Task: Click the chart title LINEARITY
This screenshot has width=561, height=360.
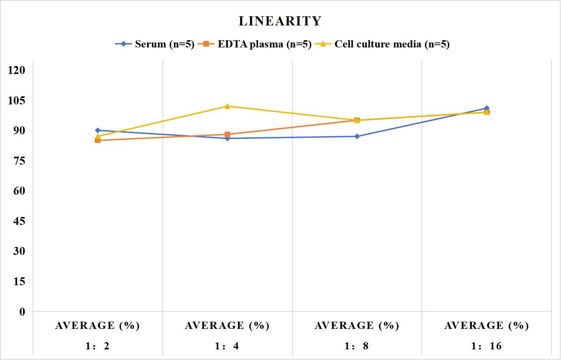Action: [280, 21]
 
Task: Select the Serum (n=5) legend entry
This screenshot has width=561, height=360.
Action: [155, 44]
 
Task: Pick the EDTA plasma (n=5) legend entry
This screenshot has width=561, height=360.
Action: [255, 44]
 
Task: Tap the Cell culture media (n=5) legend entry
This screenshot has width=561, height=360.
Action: [382, 44]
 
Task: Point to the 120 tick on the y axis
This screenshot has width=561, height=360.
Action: [17, 70]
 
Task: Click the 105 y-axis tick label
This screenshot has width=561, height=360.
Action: [17, 101]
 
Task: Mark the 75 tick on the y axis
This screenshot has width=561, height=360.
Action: [19, 161]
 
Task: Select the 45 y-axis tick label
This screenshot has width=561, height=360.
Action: [19, 221]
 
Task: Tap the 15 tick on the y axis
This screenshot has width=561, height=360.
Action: [19, 281]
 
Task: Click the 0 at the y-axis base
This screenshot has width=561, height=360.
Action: [22, 312]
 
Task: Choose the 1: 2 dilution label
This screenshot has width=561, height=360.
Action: [97, 346]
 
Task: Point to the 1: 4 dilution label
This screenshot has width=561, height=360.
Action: [227, 346]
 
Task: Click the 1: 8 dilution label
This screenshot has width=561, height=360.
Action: [357, 346]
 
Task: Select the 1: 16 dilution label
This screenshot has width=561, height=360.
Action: [486, 346]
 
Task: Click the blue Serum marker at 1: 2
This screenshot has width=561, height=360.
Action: [98, 130]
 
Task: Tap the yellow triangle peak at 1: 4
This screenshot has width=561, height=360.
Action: [227, 106]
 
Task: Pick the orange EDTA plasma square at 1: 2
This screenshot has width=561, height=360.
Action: [98, 140]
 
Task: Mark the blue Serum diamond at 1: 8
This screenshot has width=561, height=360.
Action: [357, 136]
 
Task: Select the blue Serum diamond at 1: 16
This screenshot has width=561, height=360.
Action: [487, 108]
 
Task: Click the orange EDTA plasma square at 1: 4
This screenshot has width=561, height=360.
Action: [227, 135]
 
